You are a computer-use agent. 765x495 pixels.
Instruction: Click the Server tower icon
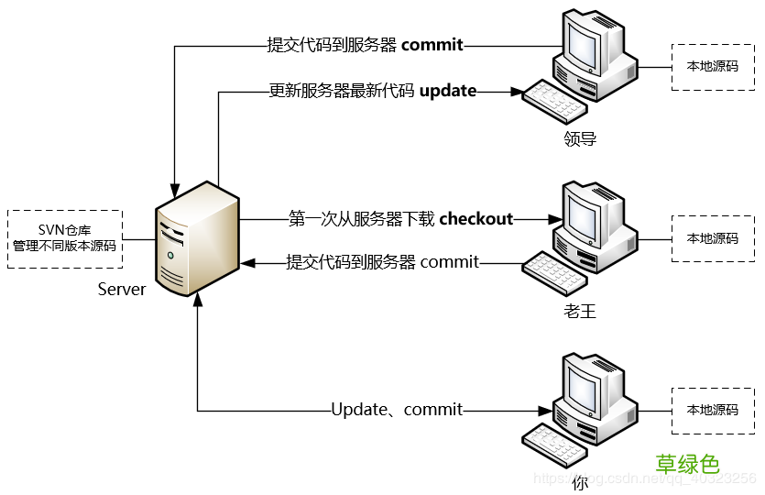click(x=195, y=240)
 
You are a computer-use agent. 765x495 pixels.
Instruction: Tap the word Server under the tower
click(x=121, y=290)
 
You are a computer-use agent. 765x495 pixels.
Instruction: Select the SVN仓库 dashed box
click(x=63, y=237)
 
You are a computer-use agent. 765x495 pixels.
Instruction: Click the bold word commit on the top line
click(x=432, y=44)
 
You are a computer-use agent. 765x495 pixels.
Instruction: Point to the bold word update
click(x=447, y=91)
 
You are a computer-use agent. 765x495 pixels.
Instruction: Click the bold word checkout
click(x=475, y=218)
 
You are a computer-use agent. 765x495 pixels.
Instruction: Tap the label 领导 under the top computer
click(x=580, y=139)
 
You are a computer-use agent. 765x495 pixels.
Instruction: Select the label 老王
click(x=580, y=312)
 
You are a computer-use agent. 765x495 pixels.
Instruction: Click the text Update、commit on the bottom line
click(x=397, y=410)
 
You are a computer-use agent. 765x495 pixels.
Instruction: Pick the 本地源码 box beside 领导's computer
click(x=712, y=66)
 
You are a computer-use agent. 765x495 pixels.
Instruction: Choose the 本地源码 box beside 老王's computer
click(x=712, y=238)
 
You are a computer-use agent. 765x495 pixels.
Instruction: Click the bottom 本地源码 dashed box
click(x=712, y=410)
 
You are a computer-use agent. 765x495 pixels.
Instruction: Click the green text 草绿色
click(x=687, y=464)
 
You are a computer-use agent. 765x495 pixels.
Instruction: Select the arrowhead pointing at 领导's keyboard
click(x=515, y=91)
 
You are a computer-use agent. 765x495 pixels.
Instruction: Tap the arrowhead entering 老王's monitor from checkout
click(x=553, y=219)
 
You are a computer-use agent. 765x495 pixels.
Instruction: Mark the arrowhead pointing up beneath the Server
click(x=197, y=303)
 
